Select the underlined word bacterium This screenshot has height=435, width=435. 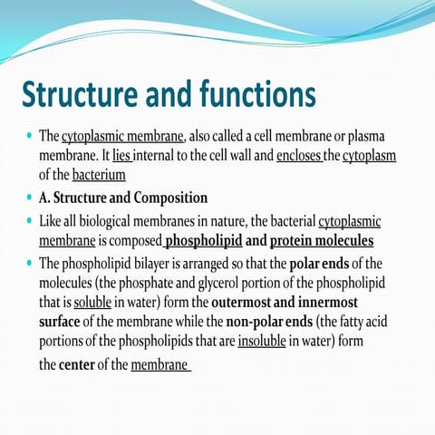coord(99,174)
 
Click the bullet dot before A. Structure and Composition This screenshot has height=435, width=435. coord(28,198)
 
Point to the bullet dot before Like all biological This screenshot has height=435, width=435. coord(28,221)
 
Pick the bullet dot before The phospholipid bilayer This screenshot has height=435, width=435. coord(28,264)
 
